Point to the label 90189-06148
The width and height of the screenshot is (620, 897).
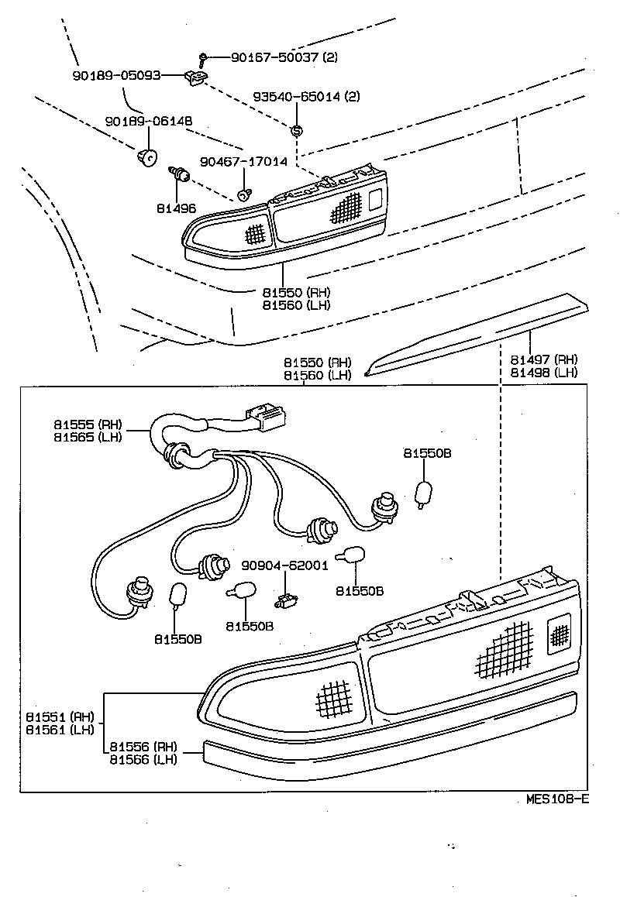coord(149,122)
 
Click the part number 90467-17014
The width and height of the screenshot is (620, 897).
coord(243,162)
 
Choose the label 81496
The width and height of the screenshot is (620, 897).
coord(176,208)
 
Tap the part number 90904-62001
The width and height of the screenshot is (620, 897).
coord(284,565)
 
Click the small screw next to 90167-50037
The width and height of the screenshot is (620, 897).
coord(202,57)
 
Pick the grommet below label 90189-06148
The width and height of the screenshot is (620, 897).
coord(145,158)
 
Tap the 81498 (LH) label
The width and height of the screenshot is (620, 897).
coord(544,372)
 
